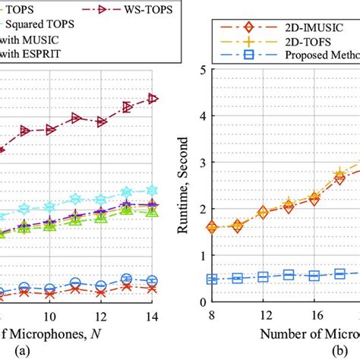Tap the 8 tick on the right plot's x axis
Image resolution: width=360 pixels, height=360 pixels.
click(211, 313)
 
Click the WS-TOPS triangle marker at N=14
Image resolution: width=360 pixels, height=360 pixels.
click(152, 99)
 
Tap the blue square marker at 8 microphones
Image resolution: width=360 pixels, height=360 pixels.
click(212, 279)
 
